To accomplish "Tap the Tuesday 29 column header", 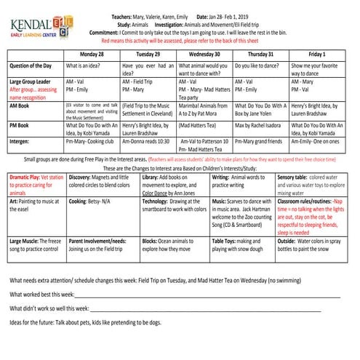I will click(147, 54).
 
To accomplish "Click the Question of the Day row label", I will click(33, 65).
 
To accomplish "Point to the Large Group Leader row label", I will click(31, 82).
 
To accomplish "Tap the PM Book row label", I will click(21, 125).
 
